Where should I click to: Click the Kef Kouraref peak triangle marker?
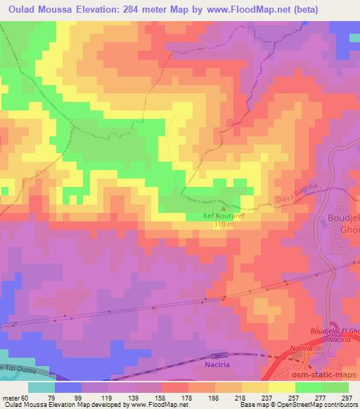pyautogui.click(x=224, y=209)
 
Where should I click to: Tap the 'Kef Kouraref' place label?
pyautogui.click(x=224, y=216)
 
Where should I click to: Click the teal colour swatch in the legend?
pyautogui.click(x=41, y=387)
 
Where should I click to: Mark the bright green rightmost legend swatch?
pyautogui.click(x=335, y=387)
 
